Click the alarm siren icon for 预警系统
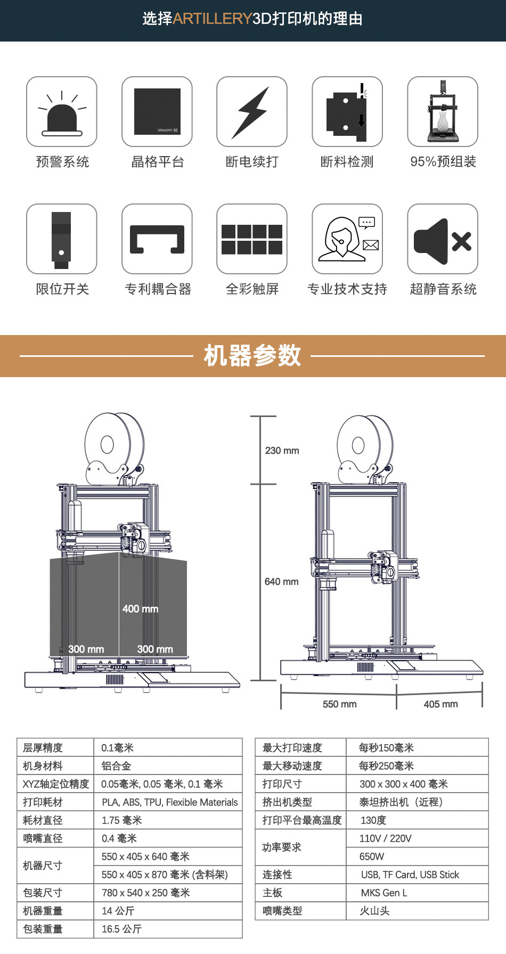point(62,113)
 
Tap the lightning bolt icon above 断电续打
point(251,112)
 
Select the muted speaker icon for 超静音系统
point(443,240)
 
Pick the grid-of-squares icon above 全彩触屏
point(252,239)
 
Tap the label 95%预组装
point(443,162)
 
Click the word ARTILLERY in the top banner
point(212,19)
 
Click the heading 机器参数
point(252,355)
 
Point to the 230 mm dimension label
point(282,451)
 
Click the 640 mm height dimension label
point(281,582)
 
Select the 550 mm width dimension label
point(339,704)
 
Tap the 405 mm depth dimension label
point(440,704)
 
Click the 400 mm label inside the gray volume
point(140,609)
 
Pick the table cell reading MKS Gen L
point(384,893)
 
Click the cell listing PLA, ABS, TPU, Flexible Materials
point(169,802)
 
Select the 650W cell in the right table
point(372,857)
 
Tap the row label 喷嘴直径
point(43,838)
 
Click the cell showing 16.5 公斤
point(121,929)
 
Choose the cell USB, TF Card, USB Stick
point(410,875)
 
